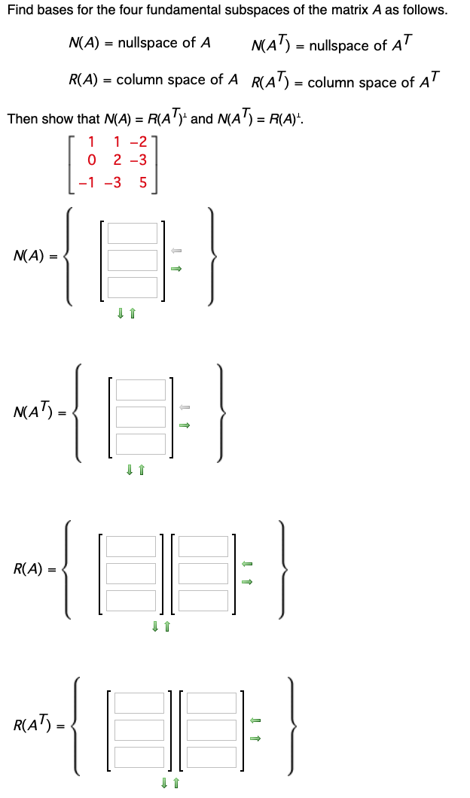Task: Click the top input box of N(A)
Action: click(x=132, y=233)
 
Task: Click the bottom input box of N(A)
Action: click(x=132, y=287)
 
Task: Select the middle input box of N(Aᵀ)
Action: click(x=141, y=416)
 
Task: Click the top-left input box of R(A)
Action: click(x=131, y=546)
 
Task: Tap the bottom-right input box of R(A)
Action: click(x=203, y=600)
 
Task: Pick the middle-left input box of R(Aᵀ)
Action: click(x=139, y=729)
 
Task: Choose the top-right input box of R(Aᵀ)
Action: click(x=212, y=702)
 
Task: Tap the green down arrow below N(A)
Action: click(x=121, y=313)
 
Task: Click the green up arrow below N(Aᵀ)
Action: click(x=141, y=471)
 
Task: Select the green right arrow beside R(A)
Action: click(x=246, y=581)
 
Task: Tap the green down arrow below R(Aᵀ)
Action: click(x=165, y=784)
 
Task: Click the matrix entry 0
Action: click(x=92, y=160)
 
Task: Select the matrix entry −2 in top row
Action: click(x=138, y=140)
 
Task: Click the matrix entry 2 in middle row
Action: click(x=117, y=160)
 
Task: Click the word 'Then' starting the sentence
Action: click(x=21, y=119)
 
